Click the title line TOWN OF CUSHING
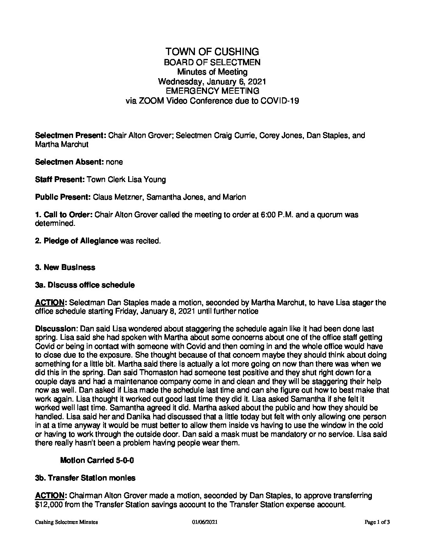click(212, 52)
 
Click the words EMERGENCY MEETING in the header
click(212, 91)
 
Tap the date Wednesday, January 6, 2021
click(212, 81)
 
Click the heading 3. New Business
click(65, 268)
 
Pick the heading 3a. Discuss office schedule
click(85, 285)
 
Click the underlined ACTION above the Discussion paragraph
click(50, 303)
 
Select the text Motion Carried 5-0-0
click(97, 461)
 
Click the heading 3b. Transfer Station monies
click(85, 478)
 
